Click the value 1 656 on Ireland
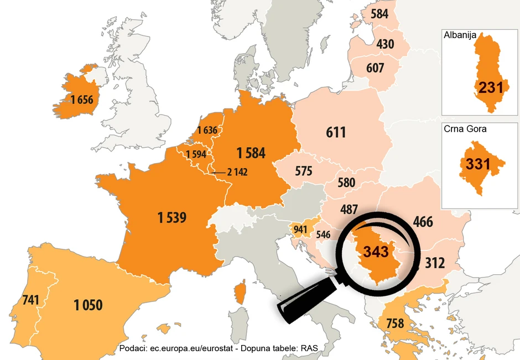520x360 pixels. (81, 100)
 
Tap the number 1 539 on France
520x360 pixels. (171, 218)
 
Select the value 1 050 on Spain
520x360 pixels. (88, 304)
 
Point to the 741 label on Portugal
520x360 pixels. (31, 300)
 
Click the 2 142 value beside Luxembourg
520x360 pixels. (237, 173)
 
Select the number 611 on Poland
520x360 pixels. (336, 132)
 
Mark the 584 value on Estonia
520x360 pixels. (379, 14)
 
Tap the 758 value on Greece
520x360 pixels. (394, 323)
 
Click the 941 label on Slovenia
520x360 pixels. (300, 229)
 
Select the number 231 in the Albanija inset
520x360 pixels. (491, 88)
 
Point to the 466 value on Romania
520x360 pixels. (423, 222)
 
